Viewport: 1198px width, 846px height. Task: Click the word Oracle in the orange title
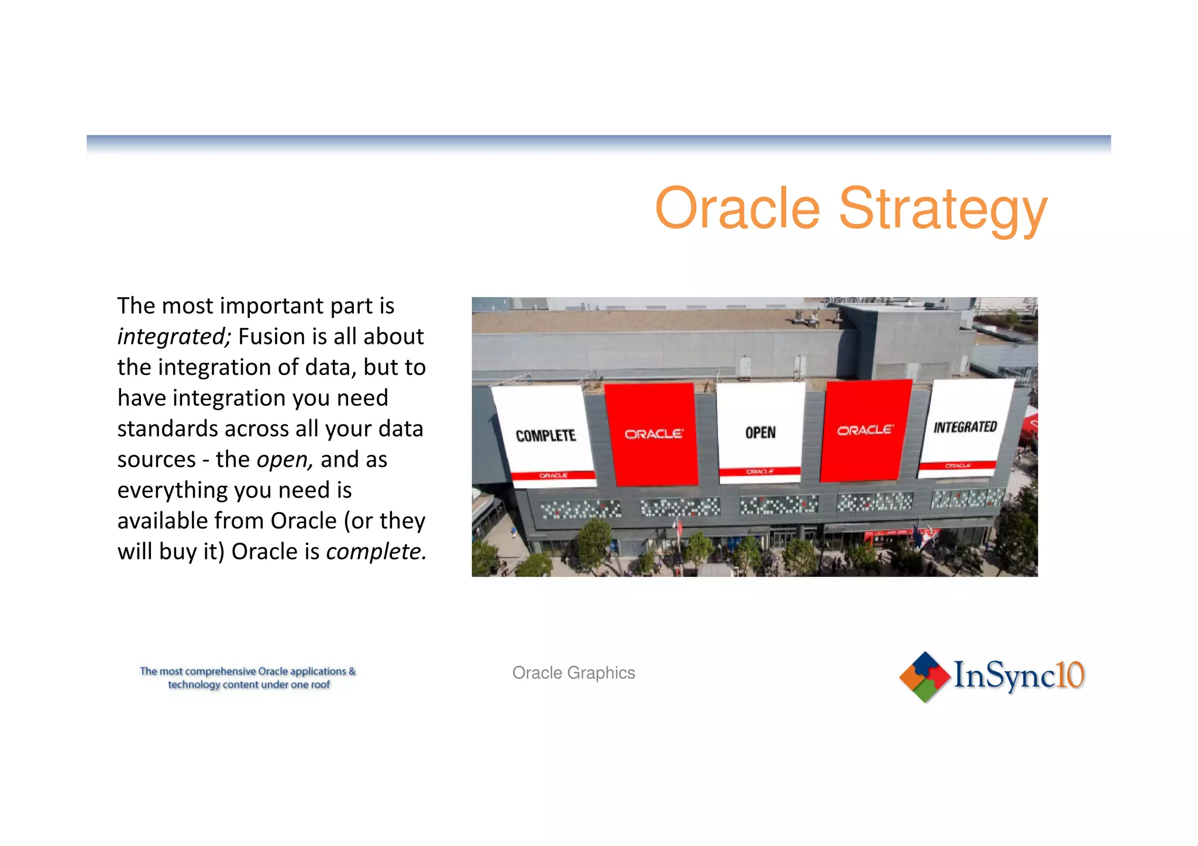738,209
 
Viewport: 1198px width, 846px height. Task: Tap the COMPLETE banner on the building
545,436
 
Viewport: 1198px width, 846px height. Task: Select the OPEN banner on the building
760,433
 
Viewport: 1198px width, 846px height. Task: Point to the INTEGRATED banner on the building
965,427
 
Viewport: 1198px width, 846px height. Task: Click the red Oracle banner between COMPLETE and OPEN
652,434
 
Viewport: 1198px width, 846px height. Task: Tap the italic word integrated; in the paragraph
174,337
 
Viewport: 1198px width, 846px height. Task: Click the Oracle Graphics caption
573,673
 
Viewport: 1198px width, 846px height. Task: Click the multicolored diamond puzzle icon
924,677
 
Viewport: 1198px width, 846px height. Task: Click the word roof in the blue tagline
320,685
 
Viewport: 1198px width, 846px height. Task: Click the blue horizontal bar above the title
598,142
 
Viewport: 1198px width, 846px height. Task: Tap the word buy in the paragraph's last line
178,552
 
